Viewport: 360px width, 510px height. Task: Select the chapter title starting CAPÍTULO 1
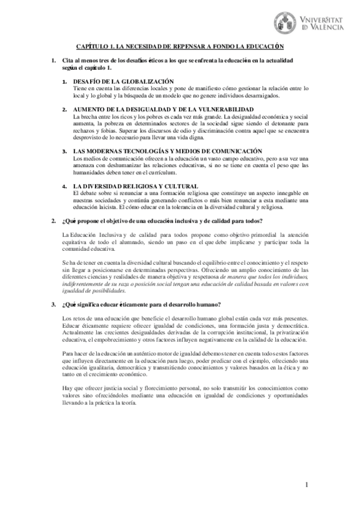pos(180,47)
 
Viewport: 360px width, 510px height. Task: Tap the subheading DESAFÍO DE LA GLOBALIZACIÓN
pos(123,81)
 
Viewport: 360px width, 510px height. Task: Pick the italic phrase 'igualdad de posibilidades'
pos(93,290)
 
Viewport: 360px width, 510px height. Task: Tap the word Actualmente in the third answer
pos(80,332)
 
